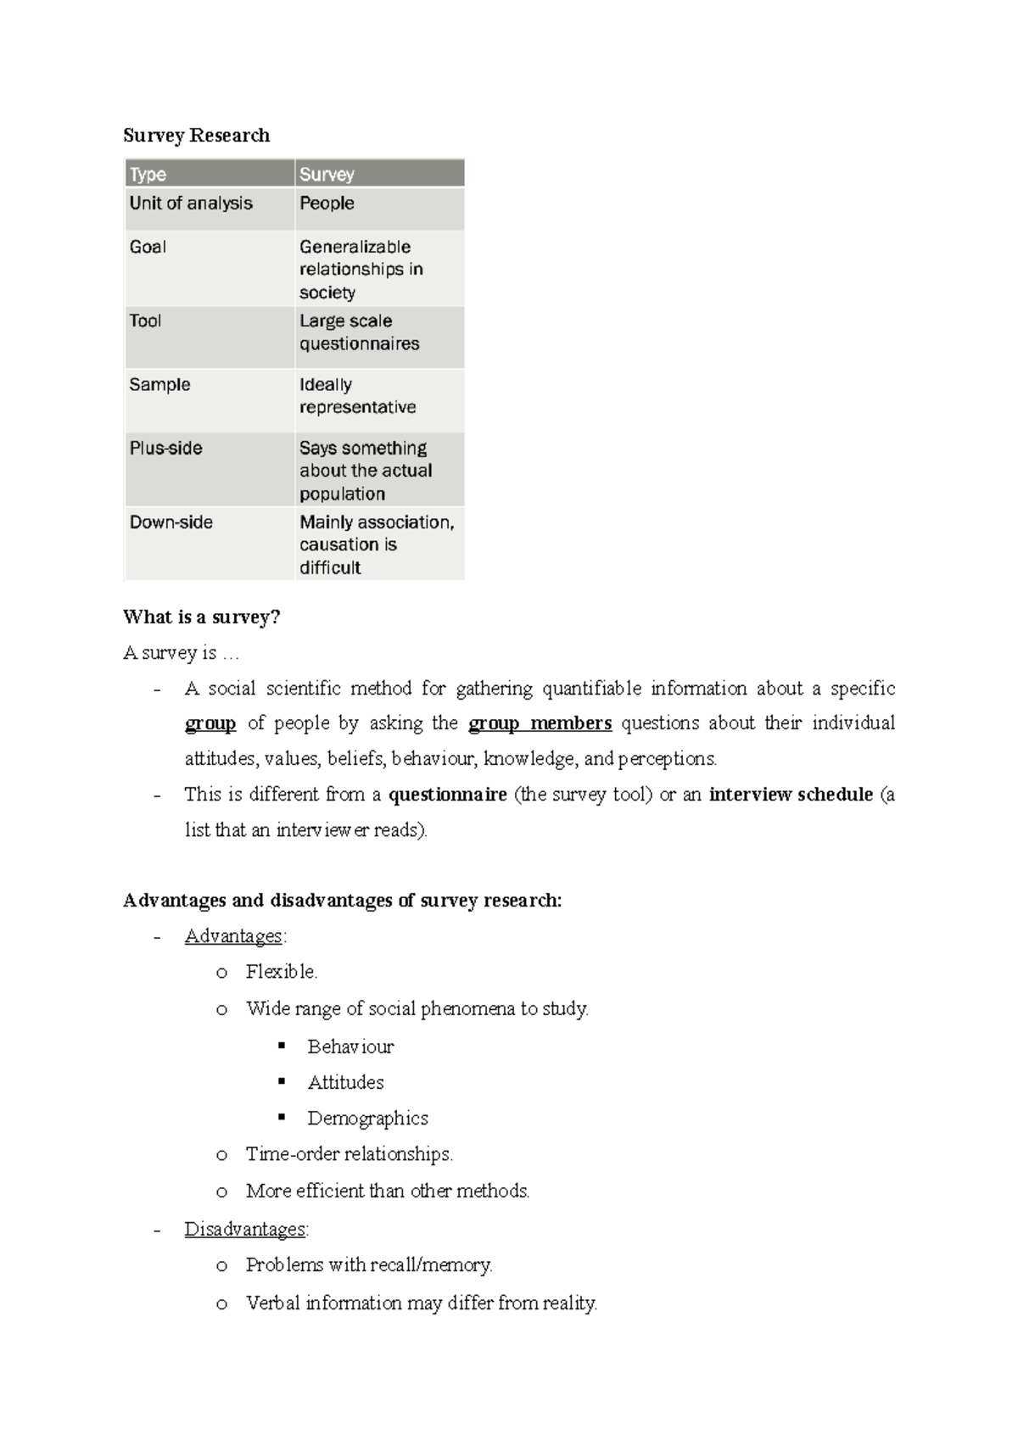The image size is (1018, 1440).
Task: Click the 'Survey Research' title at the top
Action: [x=196, y=136]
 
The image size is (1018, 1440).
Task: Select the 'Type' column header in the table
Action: [x=148, y=175]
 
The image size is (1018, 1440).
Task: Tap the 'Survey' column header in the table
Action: [x=327, y=175]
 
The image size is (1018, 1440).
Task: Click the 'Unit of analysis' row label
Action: [x=191, y=204]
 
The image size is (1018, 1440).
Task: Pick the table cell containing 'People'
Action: [x=327, y=204]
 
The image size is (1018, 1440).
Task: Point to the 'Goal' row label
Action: [x=148, y=247]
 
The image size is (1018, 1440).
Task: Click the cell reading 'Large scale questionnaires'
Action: [x=359, y=332]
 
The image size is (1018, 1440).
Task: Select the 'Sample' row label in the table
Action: [x=159, y=385]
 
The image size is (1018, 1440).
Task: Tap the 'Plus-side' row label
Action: [x=165, y=448]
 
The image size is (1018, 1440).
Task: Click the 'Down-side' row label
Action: [x=171, y=522]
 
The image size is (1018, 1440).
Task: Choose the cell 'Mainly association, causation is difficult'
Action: [x=376, y=544]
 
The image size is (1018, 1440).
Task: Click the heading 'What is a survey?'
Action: [x=201, y=617]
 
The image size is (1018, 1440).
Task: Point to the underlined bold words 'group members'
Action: [x=540, y=723]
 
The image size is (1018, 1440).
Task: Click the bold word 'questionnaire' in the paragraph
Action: [x=447, y=795]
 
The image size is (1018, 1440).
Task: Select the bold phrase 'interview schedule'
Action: [x=791, y=795]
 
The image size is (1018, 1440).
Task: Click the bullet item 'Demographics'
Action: [x=367, y=1119]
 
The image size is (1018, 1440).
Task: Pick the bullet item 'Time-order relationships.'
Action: [x=349, y=1154]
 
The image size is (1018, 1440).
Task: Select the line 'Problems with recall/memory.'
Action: [x=369, y=1265]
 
